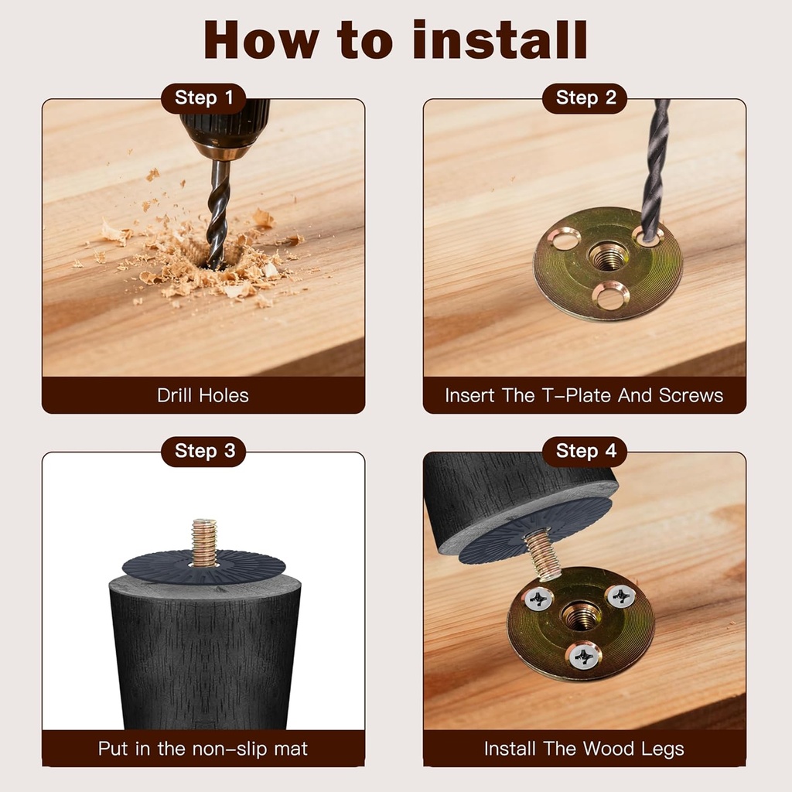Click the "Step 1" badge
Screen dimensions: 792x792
pos(203,98)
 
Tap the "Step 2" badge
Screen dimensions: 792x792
pos(585,98)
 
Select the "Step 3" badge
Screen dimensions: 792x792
pos(203,451)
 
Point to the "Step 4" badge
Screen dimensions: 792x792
pos(585,451)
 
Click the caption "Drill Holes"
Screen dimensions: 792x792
pos(203,395)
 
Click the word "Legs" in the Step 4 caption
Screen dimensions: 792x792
pos(662,749)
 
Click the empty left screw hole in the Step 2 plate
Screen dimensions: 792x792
pos(565,239)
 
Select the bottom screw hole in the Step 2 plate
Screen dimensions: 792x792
pos(611,296)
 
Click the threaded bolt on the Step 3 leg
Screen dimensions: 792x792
pos(204,542)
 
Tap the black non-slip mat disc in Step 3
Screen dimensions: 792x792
pos(203,568)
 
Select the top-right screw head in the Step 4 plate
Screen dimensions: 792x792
pos(621,597)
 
